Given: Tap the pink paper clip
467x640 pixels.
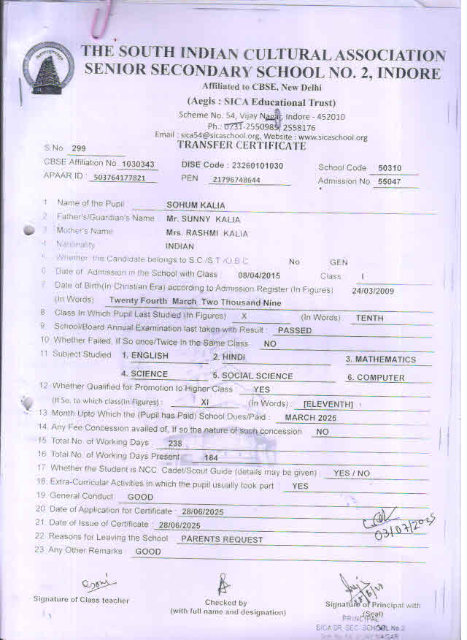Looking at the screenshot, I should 99,20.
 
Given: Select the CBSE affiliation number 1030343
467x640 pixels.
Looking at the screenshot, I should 137,164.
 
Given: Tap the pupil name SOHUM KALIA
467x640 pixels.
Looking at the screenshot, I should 196,205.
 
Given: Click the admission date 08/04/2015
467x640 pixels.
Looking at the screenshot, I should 259,275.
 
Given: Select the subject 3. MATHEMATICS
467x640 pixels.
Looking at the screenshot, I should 380,359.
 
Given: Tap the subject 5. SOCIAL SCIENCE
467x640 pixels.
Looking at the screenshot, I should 252,376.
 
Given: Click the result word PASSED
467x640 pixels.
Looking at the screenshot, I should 295,330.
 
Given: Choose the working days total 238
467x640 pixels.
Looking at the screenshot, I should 174,443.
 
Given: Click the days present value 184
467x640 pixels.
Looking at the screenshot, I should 211,457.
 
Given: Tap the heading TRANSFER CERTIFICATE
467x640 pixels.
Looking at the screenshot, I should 242,146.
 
